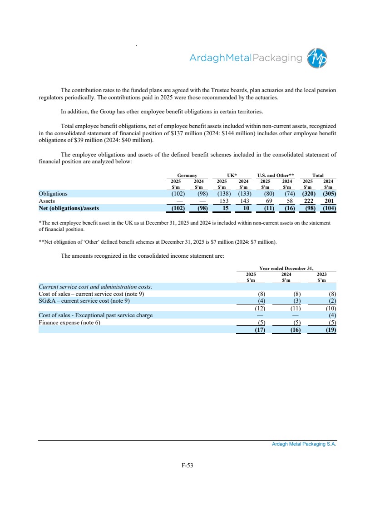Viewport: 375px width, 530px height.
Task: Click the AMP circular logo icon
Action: click(x=317, y=58)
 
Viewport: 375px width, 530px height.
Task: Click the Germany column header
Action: click(x=187, y=174)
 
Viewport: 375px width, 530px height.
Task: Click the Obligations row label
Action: click(x=53, y=194)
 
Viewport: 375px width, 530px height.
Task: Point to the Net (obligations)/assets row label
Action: click(x=69, y=209)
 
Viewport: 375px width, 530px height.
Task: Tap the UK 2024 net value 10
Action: click(x=247, y=209)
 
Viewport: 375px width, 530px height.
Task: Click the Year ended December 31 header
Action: click(x=286, y=269)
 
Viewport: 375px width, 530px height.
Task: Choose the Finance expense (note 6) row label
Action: click(x=69, y=323)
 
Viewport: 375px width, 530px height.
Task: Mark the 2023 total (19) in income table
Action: click(x=328, y=330)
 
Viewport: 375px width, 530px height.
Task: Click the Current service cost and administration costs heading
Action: click(x=95, y=287)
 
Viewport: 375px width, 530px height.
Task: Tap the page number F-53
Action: click(x=187, y=465)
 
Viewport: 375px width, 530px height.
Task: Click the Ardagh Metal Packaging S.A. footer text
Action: click(x=304, y=445)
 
